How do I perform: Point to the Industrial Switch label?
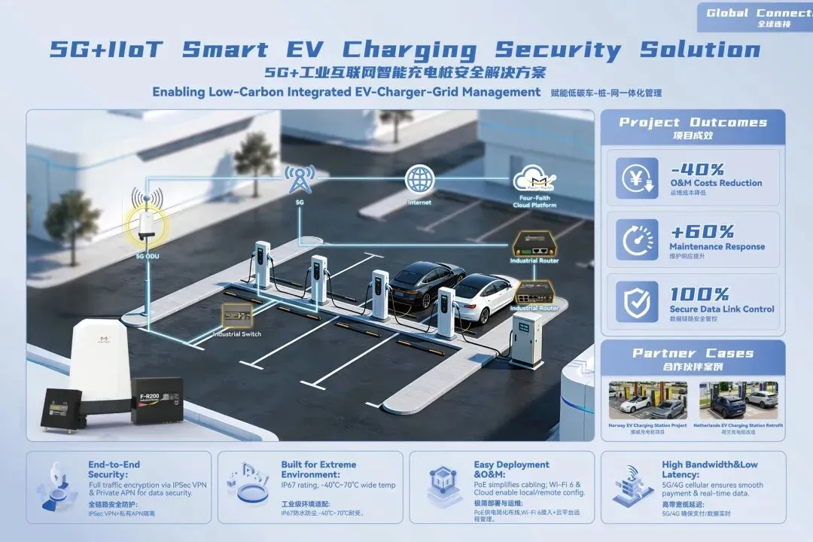(x=237, y=333)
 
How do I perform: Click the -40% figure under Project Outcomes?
(x=697, y=169)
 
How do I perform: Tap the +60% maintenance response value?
(x=702, y=232)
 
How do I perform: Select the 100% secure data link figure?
(x=699, y=294)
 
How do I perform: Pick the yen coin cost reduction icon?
(x=637, y=178)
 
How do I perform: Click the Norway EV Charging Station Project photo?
(x=647, y=400)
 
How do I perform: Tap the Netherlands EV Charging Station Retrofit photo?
(x=738, y=400)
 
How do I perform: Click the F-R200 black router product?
(x=157, y=399)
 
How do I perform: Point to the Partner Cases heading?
(x=693, y=353)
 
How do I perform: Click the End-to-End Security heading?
(x=114, y=470)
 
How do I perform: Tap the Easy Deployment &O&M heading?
(x=512, y=470)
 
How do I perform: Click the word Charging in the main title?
(x=410, y=50)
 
